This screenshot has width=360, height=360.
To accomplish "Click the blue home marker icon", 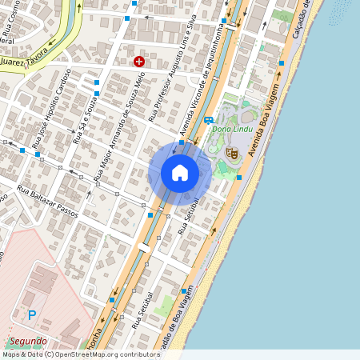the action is point(180,173).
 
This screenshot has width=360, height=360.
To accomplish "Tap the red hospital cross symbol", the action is point(139,61).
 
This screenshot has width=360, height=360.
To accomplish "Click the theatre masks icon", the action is point(233,153).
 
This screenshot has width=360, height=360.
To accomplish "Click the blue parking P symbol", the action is point(32,315).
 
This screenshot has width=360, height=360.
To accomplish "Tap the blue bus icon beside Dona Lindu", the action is point(208,121).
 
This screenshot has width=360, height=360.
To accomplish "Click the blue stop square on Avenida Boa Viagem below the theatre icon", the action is point(238,178).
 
